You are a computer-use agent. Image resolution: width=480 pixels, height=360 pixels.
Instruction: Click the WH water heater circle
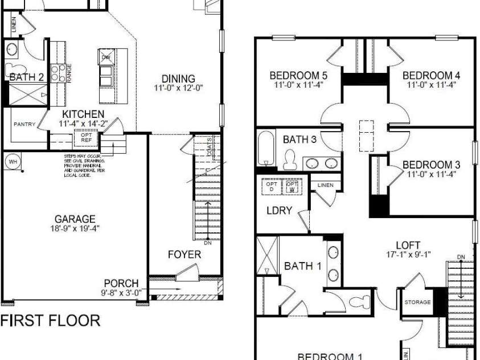[x=11, y=162]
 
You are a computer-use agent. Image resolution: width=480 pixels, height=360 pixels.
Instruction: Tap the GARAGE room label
[x=75, y=219]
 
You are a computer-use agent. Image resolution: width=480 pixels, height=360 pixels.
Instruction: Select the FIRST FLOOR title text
[x=51, y=321]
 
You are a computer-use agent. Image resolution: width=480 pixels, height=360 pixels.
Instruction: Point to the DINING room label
[x=178, y=79]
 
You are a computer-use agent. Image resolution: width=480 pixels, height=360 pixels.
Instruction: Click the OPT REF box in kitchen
[x=86, y=138]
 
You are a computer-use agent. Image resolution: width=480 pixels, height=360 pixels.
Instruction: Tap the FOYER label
[x=184, y=254]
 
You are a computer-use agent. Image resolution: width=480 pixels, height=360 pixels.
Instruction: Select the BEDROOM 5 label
[x=297, y=76]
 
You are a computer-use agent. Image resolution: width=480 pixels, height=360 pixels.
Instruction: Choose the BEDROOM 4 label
[x=431, y=76]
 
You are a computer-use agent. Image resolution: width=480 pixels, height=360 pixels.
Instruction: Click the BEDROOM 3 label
[x=431, y=165]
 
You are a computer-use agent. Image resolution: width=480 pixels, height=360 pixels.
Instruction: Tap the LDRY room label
[x=279, y=210]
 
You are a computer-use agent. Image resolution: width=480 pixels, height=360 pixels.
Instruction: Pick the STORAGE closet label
[x=417, y=302]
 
